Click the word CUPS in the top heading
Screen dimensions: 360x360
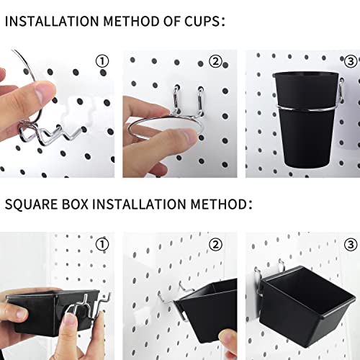click(x=199, y=22)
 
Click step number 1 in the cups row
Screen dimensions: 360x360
click(x=102, y=61)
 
